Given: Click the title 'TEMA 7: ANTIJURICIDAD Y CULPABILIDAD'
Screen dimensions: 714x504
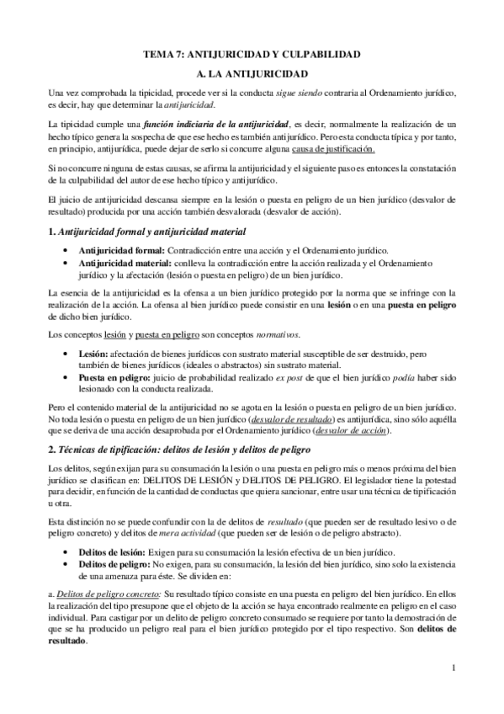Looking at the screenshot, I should click(252, 54).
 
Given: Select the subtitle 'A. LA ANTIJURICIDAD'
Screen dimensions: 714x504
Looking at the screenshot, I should click(252, 73).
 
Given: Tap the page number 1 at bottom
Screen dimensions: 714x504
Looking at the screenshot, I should click(453, 669).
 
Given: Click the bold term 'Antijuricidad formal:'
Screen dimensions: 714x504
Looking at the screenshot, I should click(122, 250).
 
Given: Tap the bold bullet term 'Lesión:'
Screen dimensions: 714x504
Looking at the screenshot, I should click(93, 354).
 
